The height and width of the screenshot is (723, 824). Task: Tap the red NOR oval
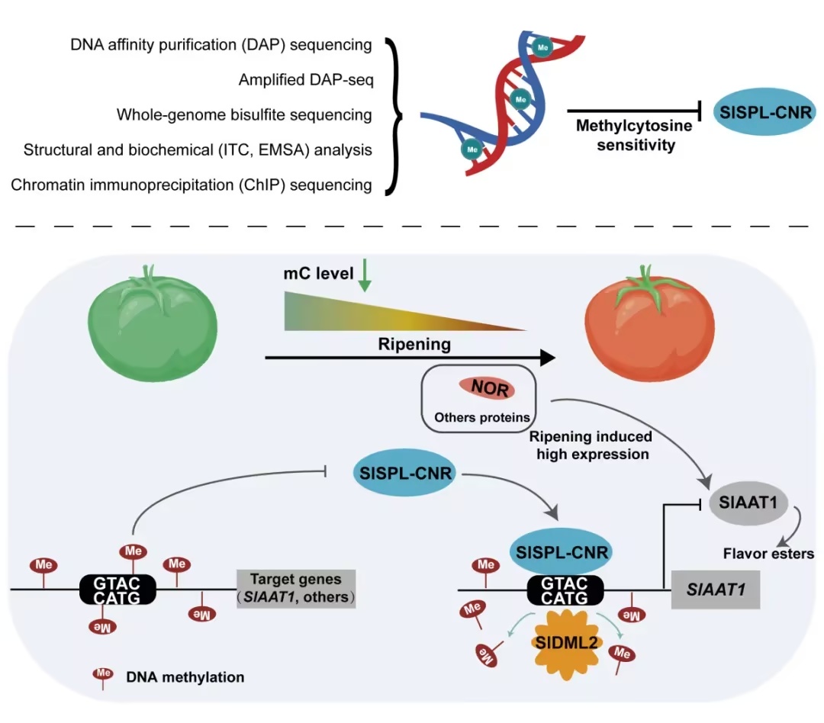point(487,388)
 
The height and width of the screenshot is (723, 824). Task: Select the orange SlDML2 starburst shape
point(565,643)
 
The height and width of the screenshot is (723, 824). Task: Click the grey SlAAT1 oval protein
point(748,503)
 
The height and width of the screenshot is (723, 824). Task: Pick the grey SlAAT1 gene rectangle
point(716,590)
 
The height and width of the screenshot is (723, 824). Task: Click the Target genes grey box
point(296,589)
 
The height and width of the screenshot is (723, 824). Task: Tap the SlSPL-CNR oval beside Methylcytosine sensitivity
point(764,112)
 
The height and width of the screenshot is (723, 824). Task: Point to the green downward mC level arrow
point(364,275)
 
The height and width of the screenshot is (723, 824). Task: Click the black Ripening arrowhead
point(548,357)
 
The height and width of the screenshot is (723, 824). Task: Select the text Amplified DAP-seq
point(306,80)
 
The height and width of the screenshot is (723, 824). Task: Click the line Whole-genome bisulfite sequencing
point(244,115)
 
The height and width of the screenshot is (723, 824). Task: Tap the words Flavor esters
point(768,554)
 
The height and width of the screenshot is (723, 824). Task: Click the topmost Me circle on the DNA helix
point(542,47)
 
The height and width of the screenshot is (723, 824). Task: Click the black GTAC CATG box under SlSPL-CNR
point(565,590)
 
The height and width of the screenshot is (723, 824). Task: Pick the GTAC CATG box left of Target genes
point(117,590)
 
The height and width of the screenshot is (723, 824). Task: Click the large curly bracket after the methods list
point(394,116)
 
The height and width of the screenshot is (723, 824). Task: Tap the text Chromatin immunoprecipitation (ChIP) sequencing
point(192,185)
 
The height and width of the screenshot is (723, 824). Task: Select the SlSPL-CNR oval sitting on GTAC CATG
point(562,551)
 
